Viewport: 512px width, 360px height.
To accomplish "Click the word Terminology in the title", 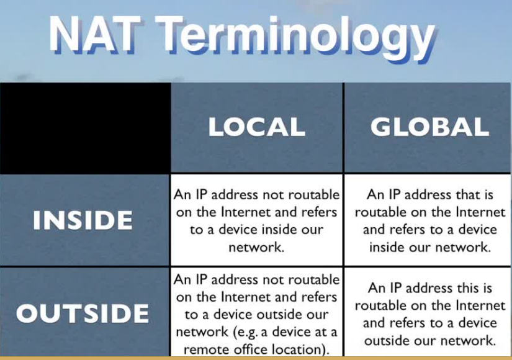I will (x=292, y=36).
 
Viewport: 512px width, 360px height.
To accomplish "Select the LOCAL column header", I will (x=256, y=127).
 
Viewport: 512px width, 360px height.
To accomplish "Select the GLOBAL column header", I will (x=429, y=127).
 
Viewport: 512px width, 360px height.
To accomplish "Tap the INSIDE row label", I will (x=83, y=221).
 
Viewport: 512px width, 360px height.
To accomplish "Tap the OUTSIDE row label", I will (x=83, y=313).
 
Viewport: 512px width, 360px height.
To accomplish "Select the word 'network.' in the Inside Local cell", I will (x=256, y=247).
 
